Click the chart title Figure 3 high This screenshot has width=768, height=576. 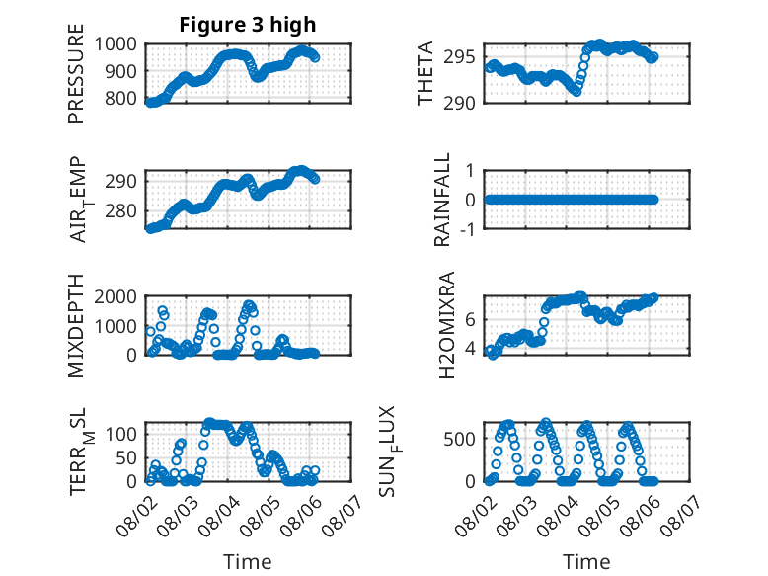coord(248,25)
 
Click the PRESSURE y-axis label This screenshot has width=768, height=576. coord(76,73)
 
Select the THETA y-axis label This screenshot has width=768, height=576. coord(425,73)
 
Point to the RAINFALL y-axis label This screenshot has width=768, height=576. coord(442,199)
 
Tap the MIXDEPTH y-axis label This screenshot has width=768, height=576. coord(76,325)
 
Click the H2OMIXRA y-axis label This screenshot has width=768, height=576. coord(447,325)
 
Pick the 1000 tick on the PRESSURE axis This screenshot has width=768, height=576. coord(115,44)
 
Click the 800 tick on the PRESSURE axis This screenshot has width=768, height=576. coord(120,98)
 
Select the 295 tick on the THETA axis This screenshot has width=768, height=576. coord(459,57)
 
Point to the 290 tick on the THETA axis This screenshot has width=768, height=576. coord(459,104)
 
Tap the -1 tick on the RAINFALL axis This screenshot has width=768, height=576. coord(468,228)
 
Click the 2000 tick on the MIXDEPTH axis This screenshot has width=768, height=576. coord(115,296)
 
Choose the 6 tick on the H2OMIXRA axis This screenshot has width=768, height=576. coord(470,320)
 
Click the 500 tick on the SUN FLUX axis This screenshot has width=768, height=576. coord(459,439)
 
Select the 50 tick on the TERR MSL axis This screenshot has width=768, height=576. coord(126,458)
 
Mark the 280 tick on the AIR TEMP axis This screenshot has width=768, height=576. coord(120,211)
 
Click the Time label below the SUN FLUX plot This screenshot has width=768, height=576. coord(586,561)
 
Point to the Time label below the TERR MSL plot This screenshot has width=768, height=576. coord(248,561)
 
